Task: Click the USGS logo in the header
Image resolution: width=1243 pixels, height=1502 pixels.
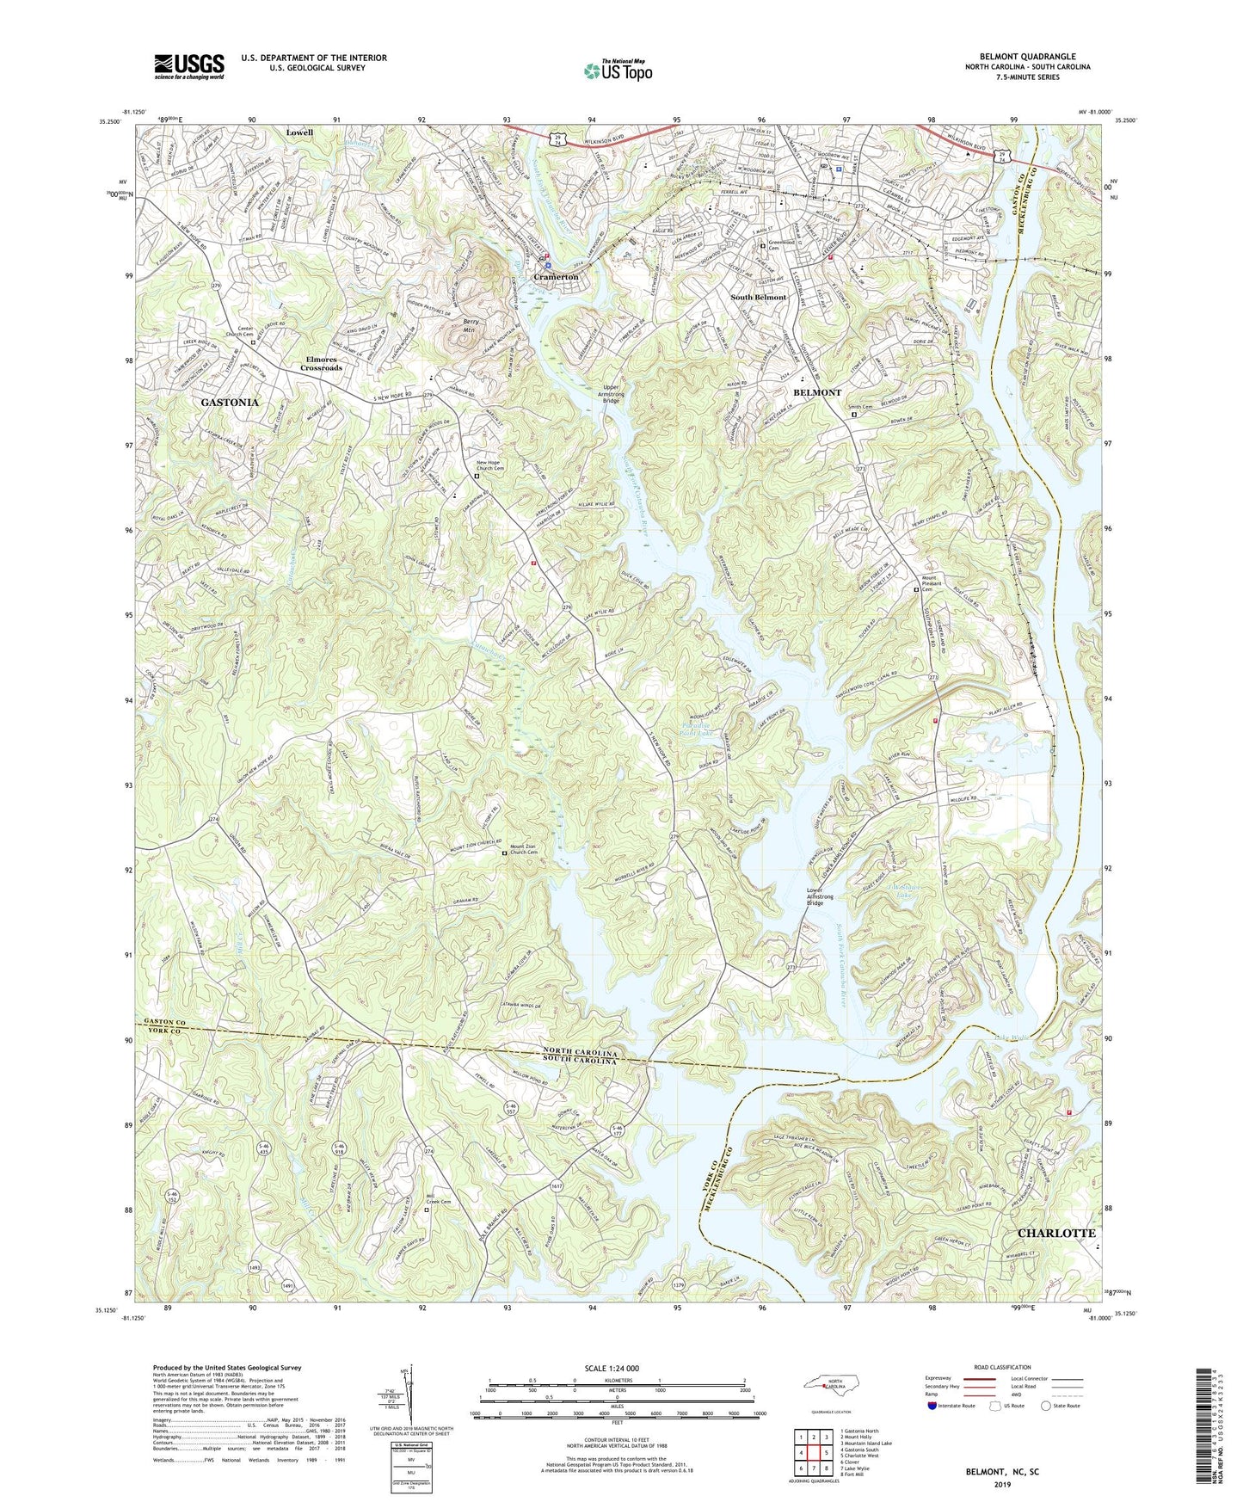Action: [x=189, y=66]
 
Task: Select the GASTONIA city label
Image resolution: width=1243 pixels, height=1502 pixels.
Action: [x=230, y=402]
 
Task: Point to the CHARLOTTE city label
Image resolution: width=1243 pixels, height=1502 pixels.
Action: [x=1056, y=1233]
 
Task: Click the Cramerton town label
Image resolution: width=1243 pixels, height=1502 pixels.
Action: [x=556, y=278]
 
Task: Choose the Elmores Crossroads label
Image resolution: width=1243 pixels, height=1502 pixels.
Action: [x=321, y=363]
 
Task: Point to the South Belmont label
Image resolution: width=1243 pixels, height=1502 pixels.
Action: [x=758, y=297]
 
